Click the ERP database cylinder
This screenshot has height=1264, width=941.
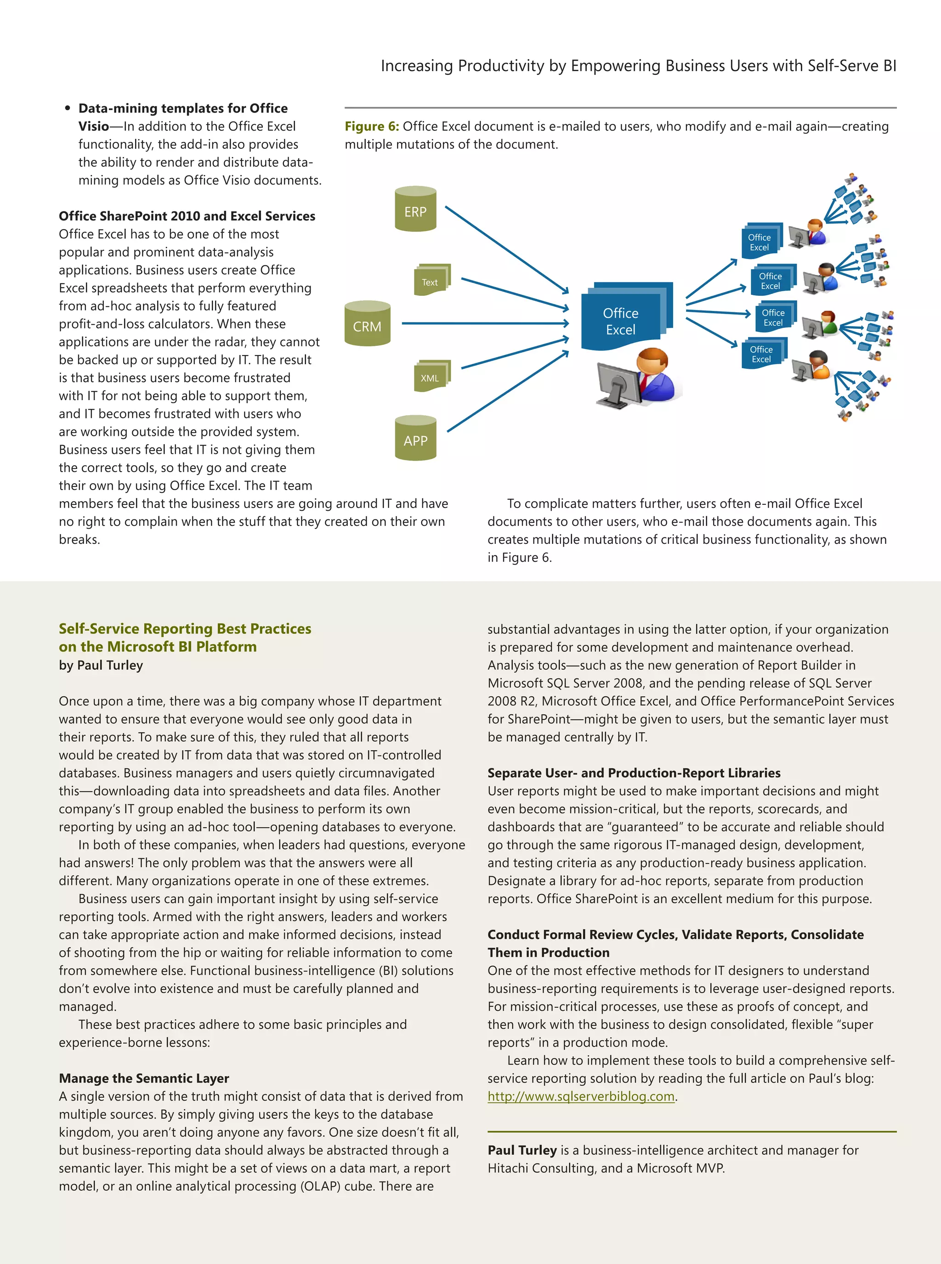(415, 209)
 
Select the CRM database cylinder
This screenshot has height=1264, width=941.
(368, 323)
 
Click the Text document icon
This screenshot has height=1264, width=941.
(431, 280)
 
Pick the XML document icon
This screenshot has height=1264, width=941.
(431, 376)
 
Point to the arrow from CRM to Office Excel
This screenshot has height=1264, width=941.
(484, 323)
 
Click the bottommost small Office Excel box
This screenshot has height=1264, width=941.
(762, 354)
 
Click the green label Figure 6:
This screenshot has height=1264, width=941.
(371, 126)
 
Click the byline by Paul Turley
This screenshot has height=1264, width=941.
(101, 665)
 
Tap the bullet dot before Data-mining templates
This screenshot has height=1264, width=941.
(67, 108)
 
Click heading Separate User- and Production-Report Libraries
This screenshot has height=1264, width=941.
(634, 773)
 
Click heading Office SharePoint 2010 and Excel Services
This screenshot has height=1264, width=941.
(187, 216)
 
